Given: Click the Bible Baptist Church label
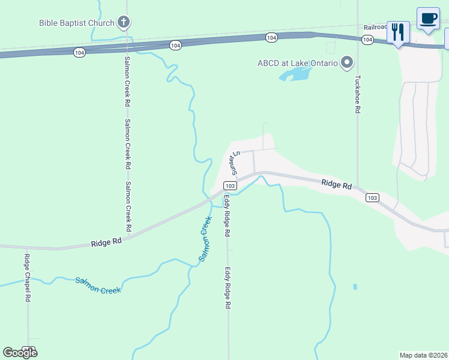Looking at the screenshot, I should click(x=76, y=23).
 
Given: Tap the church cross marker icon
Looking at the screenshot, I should click(x=124, y=23).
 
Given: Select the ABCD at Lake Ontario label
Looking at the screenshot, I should click(x=298, y=62).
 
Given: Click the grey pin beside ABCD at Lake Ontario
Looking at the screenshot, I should click(x=346, y=62).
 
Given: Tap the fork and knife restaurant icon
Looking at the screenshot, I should click(x=398, y=31).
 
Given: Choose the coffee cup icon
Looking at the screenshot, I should click(x=428, y=18).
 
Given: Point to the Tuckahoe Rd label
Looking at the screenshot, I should click(x=357, y=94).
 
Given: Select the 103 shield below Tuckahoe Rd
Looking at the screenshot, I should click(x=372, y=197).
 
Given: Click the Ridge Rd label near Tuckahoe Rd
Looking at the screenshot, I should click(x=336, y=185).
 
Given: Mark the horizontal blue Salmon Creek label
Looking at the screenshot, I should click(x=98, y=285).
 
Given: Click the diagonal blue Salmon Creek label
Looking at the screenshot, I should click(x=205, y=242).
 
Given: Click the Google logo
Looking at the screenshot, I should click(x=20, y=352).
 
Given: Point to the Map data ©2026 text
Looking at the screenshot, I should click(x=423, y=355).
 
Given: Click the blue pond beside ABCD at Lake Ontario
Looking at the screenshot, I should click(x=295, y=74).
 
